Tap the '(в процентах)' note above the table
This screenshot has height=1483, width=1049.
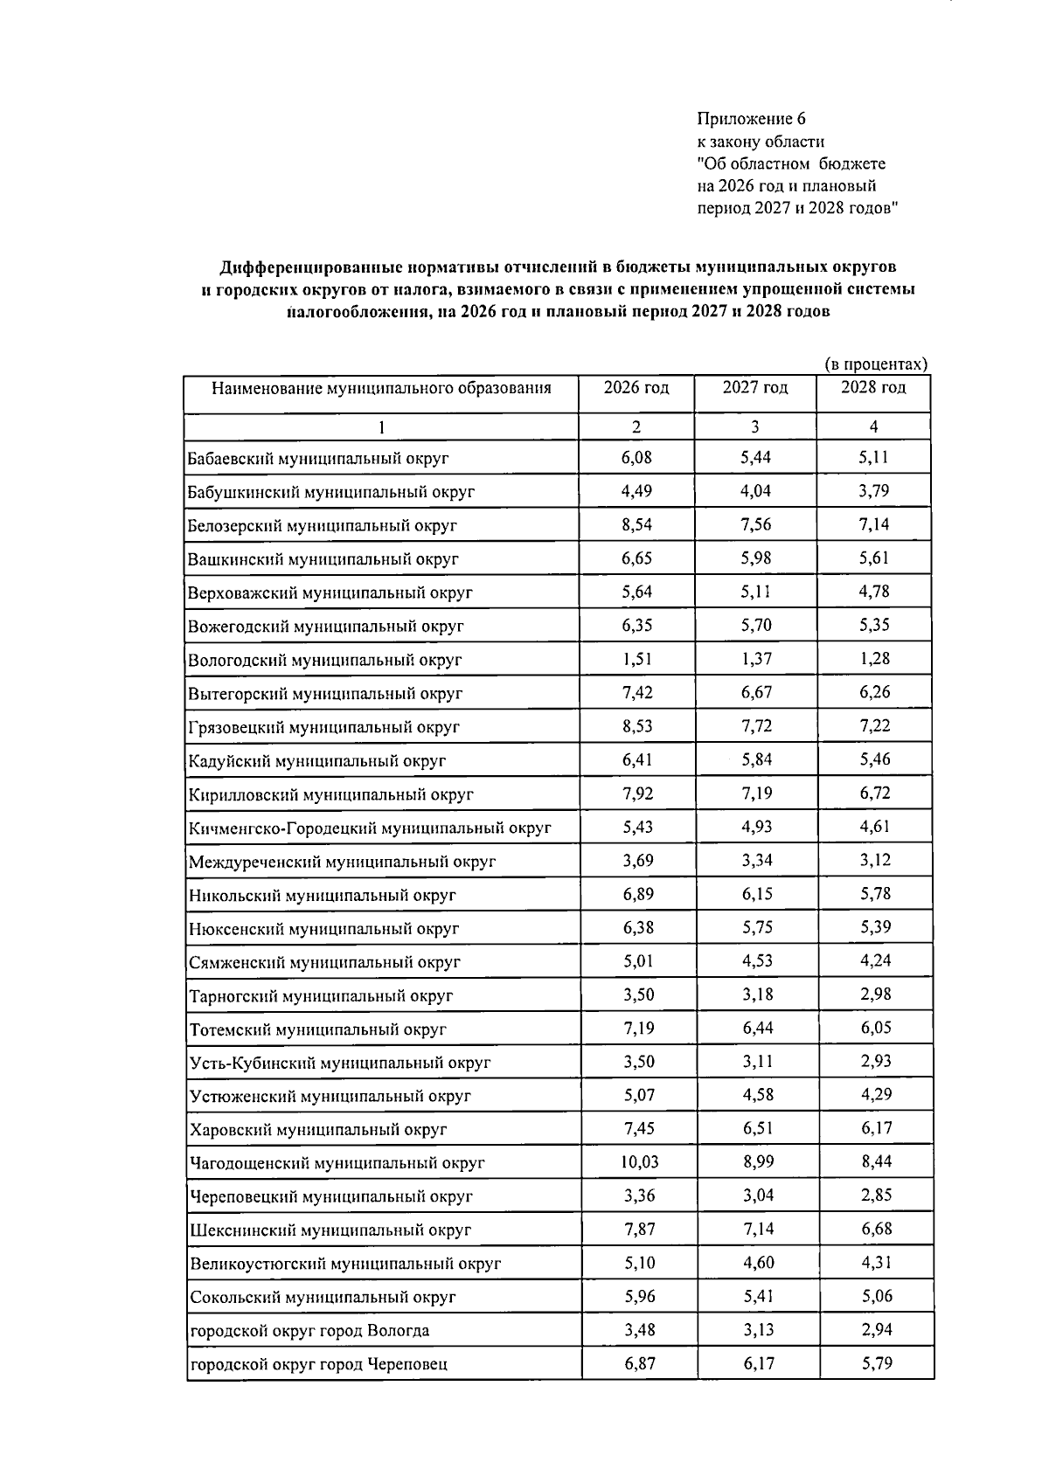[875, 364]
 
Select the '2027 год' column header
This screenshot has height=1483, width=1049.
[755, 387]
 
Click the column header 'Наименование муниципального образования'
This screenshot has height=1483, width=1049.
[381, 388]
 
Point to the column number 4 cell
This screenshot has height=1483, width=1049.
[873, 426]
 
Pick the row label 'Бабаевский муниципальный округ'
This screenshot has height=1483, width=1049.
[318, 458]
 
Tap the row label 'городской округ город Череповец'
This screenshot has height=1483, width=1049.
[320, 1363]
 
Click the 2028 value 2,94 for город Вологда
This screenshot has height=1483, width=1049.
[875, 1329]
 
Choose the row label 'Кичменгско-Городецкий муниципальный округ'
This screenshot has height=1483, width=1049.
[370, 828]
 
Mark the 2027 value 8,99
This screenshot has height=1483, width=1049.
[757, 1161]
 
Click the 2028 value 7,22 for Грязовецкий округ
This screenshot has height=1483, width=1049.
[875, 725]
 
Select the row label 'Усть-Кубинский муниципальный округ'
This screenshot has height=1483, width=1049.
[340, 1063]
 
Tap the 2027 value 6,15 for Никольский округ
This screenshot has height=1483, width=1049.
[757, 893]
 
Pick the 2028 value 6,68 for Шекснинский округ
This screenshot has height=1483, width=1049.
[875, 1229]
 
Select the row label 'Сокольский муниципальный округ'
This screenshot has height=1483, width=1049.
[323, 1297]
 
